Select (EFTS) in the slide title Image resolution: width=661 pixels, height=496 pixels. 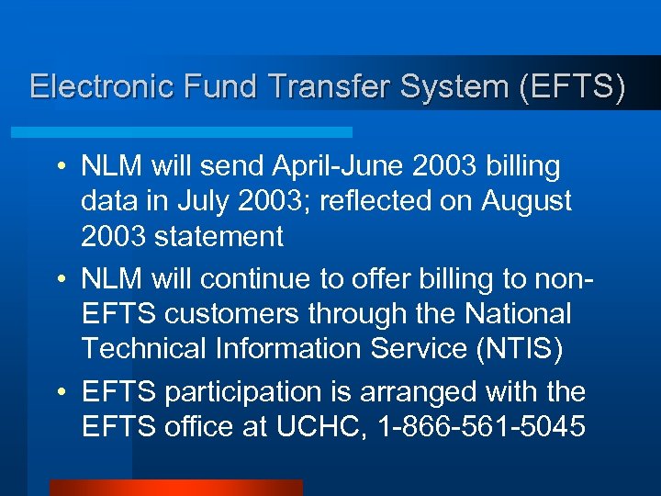(572, 86)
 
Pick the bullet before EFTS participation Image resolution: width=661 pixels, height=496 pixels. (61, 393)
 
